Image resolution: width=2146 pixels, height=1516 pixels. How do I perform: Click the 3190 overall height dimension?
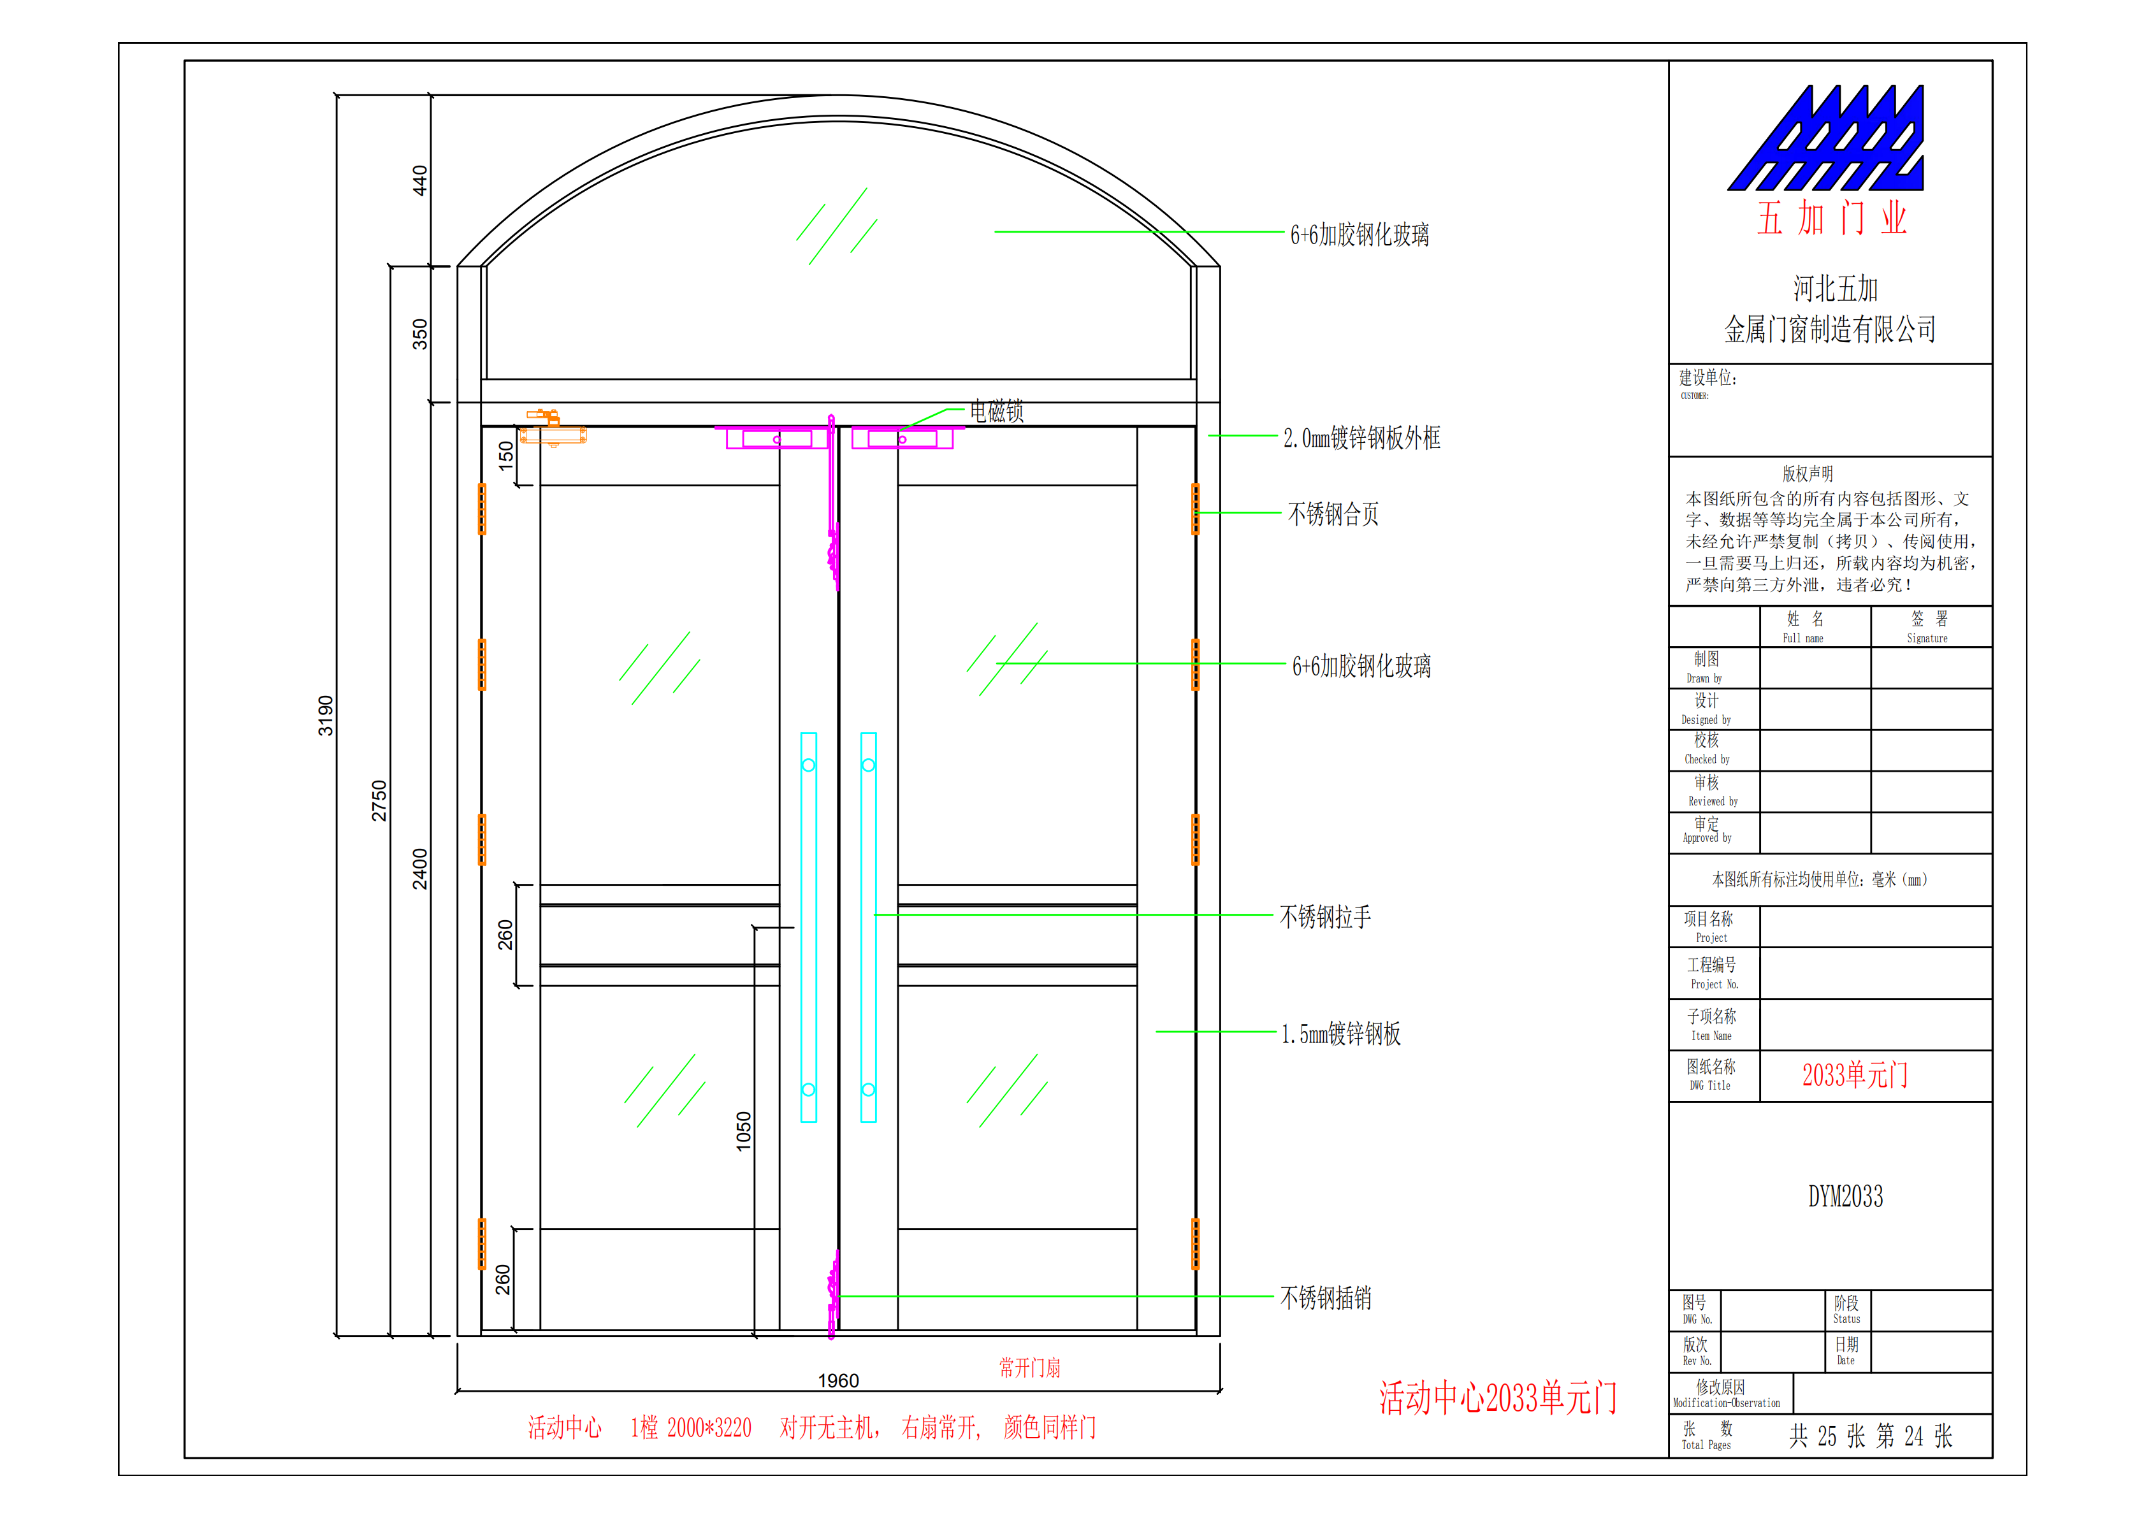[x=325, y=715]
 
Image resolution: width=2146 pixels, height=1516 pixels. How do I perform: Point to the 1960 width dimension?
[x=837, y=1380]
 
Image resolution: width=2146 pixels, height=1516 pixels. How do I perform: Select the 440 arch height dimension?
[x=419, y=180]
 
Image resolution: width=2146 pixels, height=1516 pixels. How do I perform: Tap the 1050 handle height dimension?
[x=743, y=1131]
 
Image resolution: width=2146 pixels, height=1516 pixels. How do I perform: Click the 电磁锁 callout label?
[x=996, y=411]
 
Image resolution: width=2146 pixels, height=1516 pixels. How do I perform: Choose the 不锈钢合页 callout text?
[x=1333, y=514]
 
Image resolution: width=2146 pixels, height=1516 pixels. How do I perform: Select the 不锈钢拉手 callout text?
[x=1325, y=917]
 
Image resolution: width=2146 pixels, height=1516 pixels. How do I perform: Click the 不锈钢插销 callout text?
[x=1325, y=1297]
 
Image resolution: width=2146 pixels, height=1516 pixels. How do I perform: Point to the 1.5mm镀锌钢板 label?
[x=1340, y=1033]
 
